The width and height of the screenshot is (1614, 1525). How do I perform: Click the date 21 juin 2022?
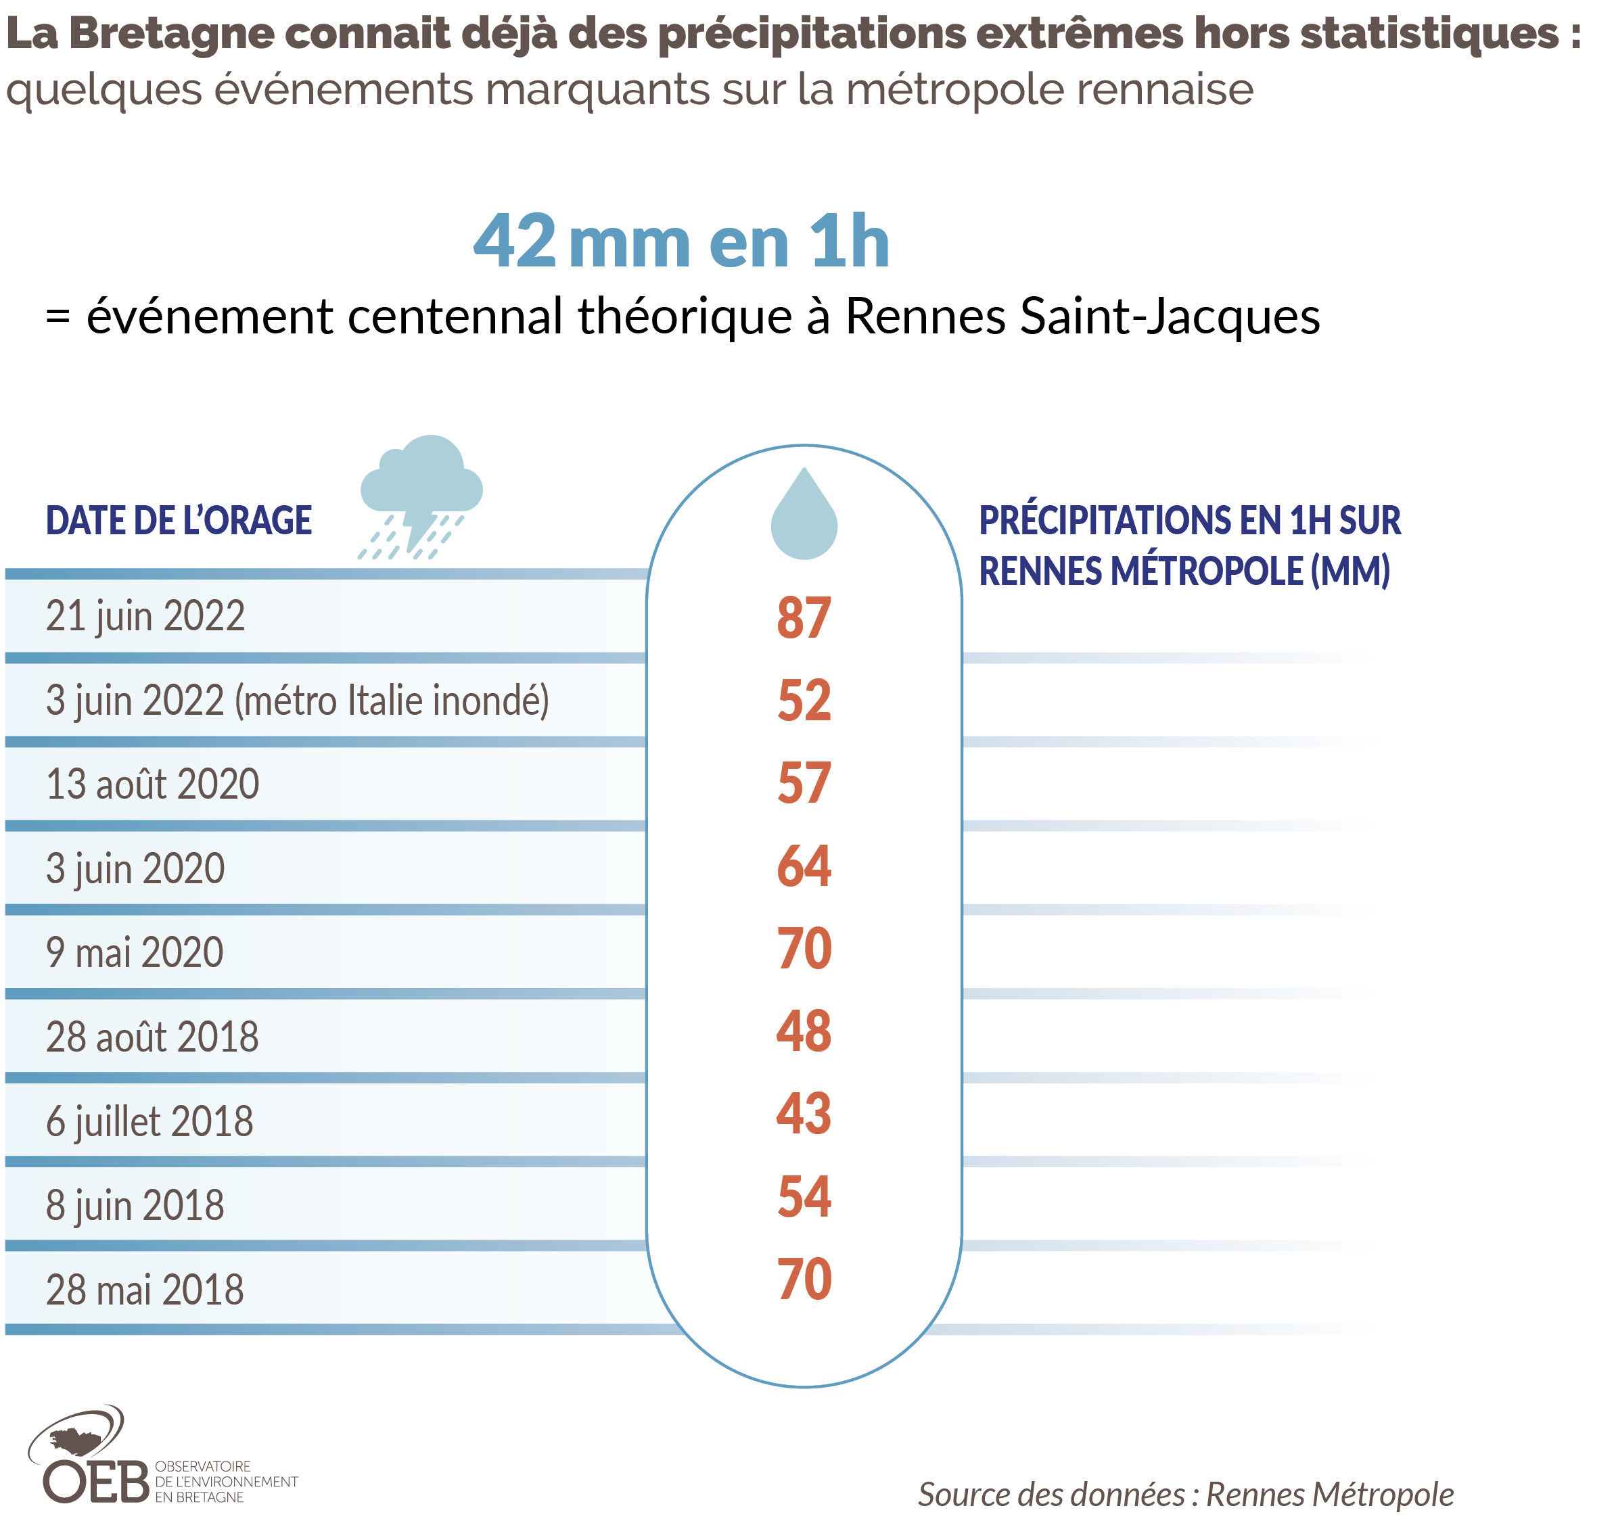click(145, 615)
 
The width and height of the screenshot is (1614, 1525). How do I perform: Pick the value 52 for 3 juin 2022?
click(804, 700)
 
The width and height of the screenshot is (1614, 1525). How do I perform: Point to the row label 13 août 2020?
click(152, 784)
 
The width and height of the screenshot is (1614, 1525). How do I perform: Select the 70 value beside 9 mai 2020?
click(804, 949)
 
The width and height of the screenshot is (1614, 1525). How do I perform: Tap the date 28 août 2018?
click(152, 1037)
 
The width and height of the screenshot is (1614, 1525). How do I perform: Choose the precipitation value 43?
click(804, 1114)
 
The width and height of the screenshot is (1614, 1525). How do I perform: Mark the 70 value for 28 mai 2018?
click(804, 1280)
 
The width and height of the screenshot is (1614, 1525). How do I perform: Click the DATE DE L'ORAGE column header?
click(178, 520)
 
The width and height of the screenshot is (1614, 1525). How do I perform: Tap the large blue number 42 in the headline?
click(514, 241)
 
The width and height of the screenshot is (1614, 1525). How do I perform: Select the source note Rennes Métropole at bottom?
click(1329, 1494)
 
